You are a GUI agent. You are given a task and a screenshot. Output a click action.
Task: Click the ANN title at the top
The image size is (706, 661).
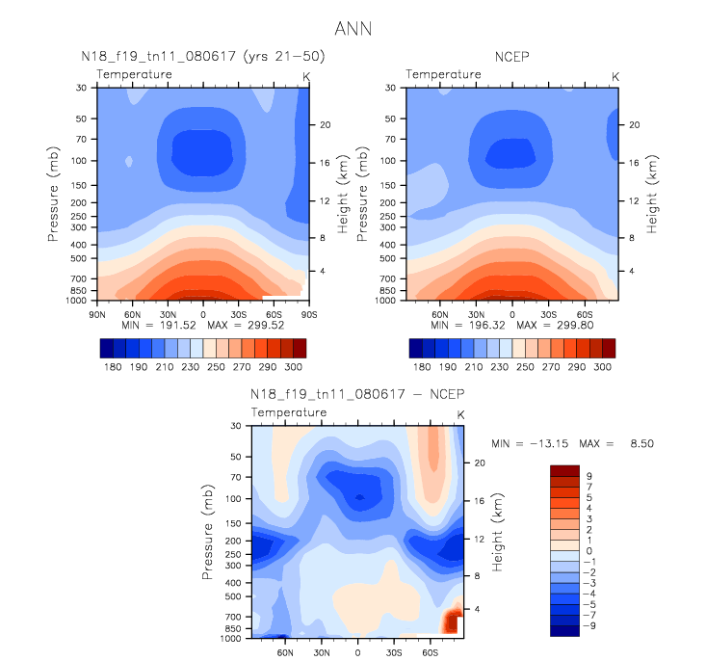pyautogui.click(x=353, y=29)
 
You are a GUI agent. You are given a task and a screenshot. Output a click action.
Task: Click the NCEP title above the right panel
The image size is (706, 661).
pyautogui.click(x=510, y=57)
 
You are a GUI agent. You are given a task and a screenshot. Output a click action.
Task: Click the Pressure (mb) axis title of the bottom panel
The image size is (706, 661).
pyautogui.click(x=209, y=532)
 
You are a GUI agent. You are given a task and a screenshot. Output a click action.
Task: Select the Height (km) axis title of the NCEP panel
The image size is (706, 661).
pyautogui.click(x=652, y=194)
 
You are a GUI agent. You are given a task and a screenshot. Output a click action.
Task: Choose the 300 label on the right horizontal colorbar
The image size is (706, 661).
pyautogui.click(x=602, y=367)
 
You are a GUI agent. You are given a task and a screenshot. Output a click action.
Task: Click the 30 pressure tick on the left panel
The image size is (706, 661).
pyautogui.click(x=82, y=88)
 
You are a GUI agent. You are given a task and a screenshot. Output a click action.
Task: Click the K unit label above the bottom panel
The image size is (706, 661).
pyautogui.click(x=460, y=414)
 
